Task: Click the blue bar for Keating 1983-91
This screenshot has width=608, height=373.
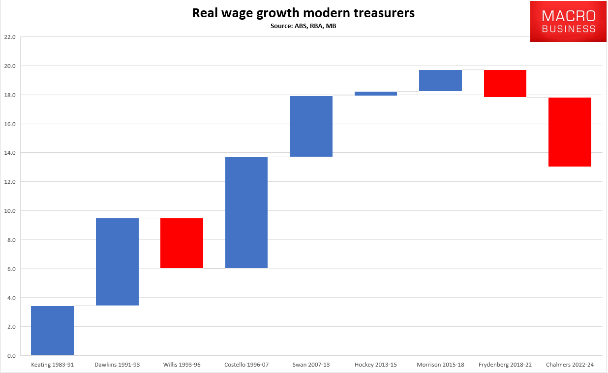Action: (52, 331)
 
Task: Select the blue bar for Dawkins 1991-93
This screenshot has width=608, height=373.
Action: (117, 262)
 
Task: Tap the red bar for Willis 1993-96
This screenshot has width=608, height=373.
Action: (182, 243)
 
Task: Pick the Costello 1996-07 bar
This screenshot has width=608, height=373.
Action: (246, 212)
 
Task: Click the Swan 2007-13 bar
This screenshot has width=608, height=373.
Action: (311, 126)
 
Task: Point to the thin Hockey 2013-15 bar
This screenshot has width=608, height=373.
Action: (376, 93)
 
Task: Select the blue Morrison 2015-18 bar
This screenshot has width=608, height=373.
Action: (440, 80)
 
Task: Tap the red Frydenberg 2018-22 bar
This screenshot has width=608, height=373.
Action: (505, 83)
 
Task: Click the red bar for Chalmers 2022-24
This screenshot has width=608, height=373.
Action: (570, 132)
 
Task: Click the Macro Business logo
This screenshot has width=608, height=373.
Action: (568, 22)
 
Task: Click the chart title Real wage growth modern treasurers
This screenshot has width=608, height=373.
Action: (303, 13)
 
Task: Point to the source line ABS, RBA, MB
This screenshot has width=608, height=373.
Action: (303, 26)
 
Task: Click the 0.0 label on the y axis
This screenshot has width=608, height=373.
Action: (11, 356)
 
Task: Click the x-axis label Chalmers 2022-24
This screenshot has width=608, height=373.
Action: (570, 365)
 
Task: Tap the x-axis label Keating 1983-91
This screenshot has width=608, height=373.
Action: (52, 365)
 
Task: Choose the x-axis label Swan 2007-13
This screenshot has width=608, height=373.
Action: (311, 365)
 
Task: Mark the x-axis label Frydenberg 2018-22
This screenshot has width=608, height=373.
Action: (505, 365)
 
